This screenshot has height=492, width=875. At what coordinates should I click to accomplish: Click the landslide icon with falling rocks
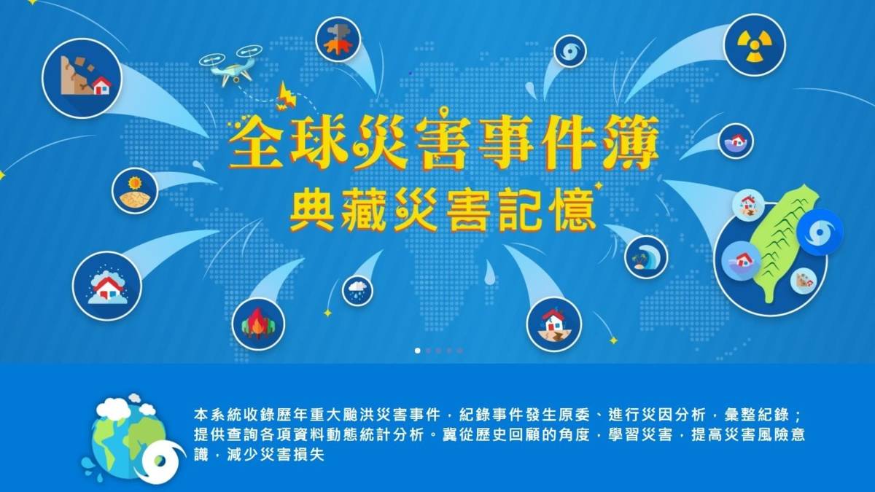82,79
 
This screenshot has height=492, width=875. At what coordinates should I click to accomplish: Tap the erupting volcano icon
338,39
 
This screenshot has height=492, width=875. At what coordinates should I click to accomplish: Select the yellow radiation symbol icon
755,45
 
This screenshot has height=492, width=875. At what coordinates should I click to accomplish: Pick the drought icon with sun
135,191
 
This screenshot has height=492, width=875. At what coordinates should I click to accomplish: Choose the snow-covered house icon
107,286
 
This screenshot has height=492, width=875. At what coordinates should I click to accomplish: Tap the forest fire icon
258,324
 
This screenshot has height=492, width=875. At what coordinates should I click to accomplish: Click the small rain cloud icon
357,290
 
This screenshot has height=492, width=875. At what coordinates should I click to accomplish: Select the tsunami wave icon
646,257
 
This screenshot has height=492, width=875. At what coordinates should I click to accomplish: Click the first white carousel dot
418,351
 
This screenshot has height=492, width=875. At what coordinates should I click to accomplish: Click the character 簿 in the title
630,144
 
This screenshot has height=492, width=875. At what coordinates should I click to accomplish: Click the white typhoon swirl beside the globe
162,462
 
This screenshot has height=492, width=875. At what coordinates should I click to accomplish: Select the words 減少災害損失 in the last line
276,455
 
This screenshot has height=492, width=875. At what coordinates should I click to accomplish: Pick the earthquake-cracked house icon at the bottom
554,325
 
